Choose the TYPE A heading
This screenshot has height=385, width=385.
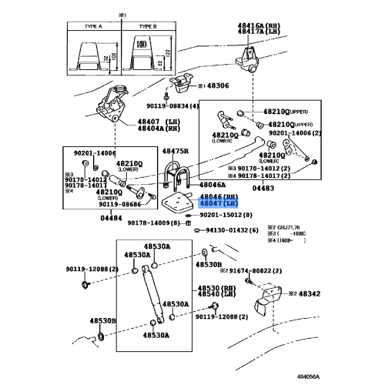click(x=91, y=25)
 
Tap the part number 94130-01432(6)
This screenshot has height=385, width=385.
click(x=230, y=230)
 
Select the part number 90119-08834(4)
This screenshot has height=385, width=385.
click(x=172, y=105)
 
